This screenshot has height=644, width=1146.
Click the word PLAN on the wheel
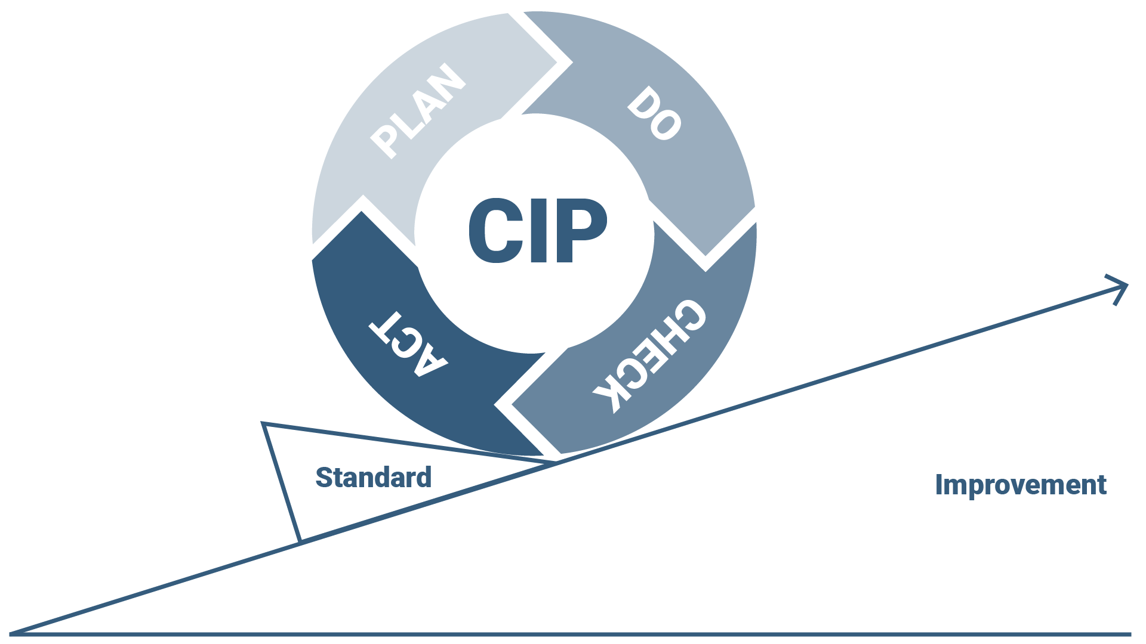(x=418, y=112)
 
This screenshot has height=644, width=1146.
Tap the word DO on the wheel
(x=654, y=114)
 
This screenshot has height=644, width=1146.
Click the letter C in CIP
(x=493, y=231)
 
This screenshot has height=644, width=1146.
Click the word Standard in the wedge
(x=373, y=478)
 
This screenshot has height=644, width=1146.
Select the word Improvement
(x=1021, y=485)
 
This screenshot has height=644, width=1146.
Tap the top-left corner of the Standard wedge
(x=263, y=424)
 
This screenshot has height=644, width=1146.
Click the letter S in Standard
(x=324, y=478)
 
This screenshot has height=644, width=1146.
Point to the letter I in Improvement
(x=939, y=484)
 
